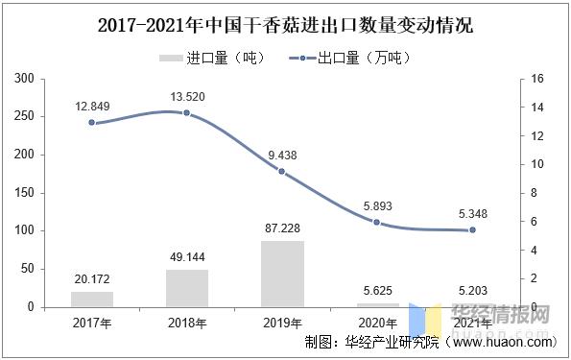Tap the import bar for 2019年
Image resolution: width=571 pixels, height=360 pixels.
pos(281,274)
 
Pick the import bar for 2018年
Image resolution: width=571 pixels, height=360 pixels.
pos(186,288)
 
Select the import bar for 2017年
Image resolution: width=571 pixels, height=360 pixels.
pos(91,299)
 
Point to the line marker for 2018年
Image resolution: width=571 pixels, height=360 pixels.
pos(186,113)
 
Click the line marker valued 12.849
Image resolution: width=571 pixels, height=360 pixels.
pos(91,123)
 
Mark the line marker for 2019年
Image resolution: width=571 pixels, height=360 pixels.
pos(281,171)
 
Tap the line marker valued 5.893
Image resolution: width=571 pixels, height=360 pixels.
pos(376,222)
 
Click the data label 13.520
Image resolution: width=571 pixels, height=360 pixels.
pos(186,97)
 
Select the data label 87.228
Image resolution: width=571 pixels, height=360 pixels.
pos(281,228)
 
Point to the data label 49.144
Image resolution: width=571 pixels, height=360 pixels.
pos(186,257)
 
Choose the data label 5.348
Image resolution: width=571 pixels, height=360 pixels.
pos(471,213)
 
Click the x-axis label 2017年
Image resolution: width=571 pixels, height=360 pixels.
pos(91,324)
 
